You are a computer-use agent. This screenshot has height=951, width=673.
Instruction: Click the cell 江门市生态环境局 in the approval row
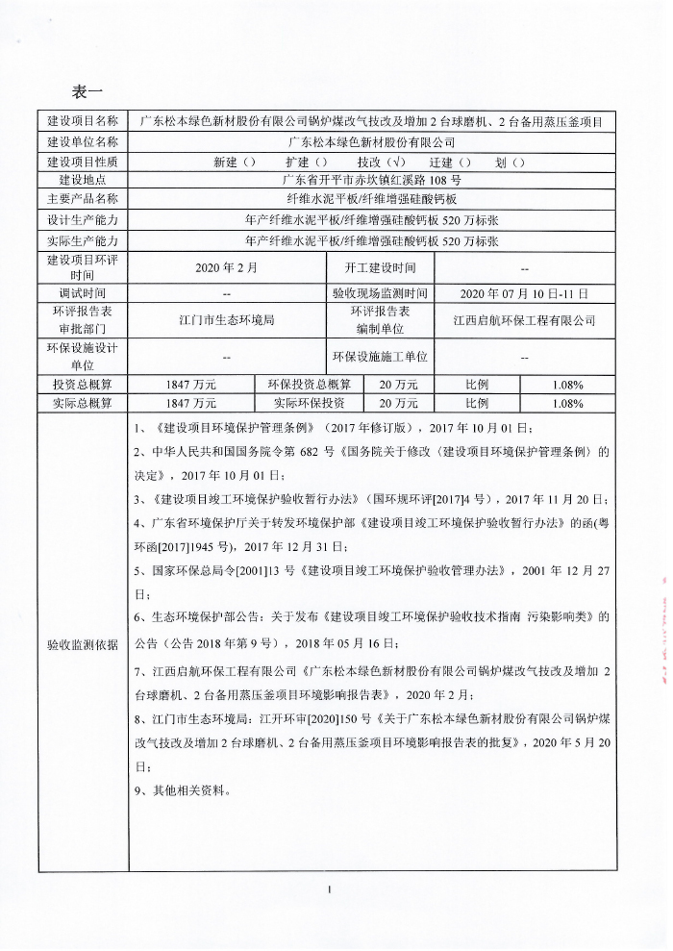click(x=226, y=319)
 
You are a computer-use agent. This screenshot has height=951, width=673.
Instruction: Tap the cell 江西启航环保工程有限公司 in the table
click(x=524, y=319)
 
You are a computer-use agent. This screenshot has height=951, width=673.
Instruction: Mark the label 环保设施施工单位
click(x=380, y=356)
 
